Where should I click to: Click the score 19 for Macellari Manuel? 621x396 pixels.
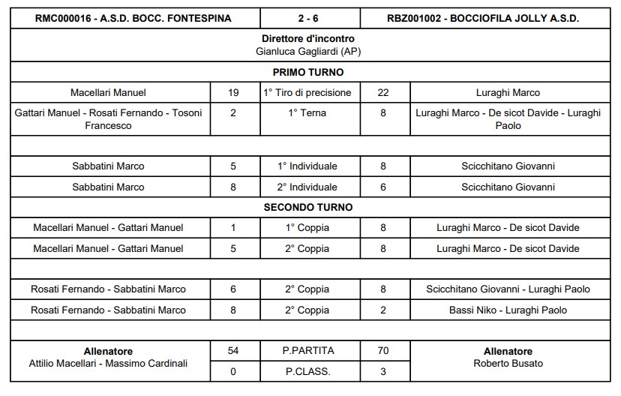point(233,93)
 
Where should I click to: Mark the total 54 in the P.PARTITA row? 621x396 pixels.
point(233,351)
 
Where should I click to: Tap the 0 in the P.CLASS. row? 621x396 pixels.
point(233,371)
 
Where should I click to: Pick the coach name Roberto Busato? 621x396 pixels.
point(508,364)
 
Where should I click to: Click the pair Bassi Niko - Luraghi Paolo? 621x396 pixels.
point(508,310)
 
